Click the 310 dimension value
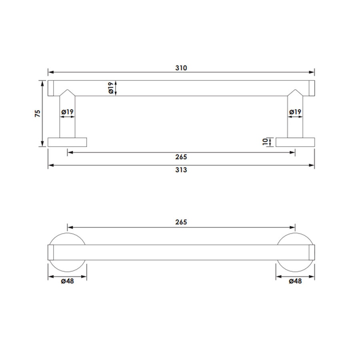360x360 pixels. (181, 68)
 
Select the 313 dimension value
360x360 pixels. (181, 170)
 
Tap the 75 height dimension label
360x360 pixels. (38, 114)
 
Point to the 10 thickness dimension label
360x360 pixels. (266, 142)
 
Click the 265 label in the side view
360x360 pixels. (181, 157)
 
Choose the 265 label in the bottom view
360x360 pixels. (181, 222)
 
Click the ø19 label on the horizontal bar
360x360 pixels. (111, 88)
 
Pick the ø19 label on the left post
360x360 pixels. (67, 112)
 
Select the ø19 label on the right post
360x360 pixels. (295, 112)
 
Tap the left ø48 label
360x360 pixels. (67, 281)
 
